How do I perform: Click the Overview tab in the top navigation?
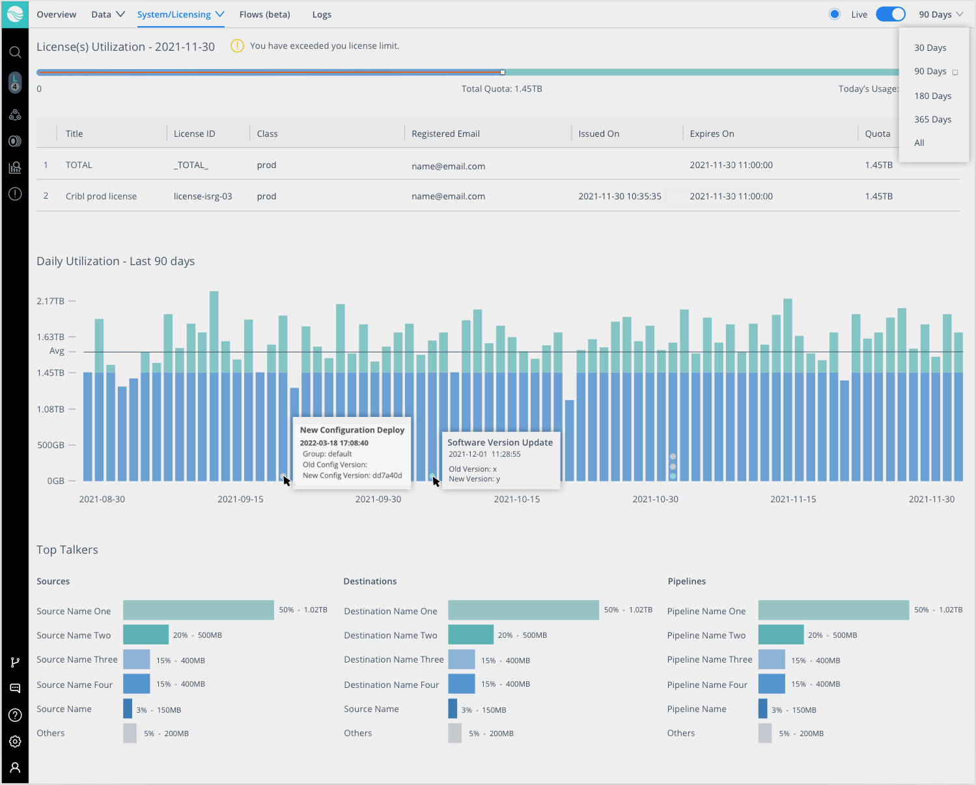pyautogui.click(x=56, y=14)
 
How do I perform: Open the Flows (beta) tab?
pyautogui.click(x=264, y=14)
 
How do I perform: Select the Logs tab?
pyautogui.click(x=322, y=14)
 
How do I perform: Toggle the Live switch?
pyautogui.click(x=890, y=14)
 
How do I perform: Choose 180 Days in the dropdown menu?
pyautogui.click(x=932, y=96)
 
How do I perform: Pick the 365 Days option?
pyautogui.click(x=932, y=119)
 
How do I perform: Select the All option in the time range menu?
pyautogui.click(x=919, y=143)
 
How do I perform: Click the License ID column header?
pyautogui.click(x=194, y=134)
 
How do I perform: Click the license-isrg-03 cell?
pyautogui.click(x=202, y=196)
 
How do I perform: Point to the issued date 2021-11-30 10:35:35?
pyautogui.click(x=619, y=196)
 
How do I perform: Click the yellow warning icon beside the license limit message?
pyautogui.click(x=238, y=46)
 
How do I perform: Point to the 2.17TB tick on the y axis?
pyautogui.click(x=51, y=301)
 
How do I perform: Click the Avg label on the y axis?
pyautogui.click(x=57, y=351)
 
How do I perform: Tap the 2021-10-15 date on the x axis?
pyautogui.click(x=516, y=499)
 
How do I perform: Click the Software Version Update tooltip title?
pyautogui.click(x=499, y=442)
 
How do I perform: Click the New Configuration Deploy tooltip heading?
pyautogui.click(x=352, y=430)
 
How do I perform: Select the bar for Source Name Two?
pyautogui.click(x=146, y=635)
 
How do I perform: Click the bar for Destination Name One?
pyautogui.click(x=523, y=610)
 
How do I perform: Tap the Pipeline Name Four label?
pyautogui.click(x=707, y=685)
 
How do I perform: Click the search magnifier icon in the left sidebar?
pyautogui.click(x=15, y=52)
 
